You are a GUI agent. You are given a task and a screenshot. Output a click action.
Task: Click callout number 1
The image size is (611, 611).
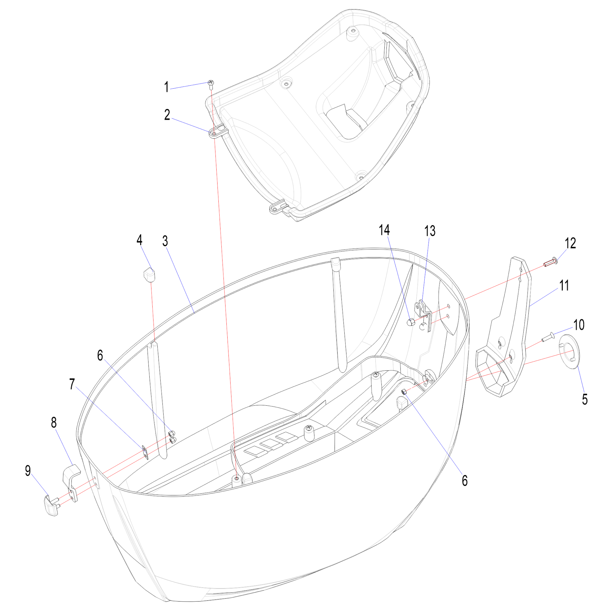(x=166, y=87)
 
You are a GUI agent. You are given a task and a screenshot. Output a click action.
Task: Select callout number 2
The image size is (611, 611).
(x=167, y=115)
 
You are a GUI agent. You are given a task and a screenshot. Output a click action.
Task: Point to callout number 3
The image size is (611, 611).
(x=165, y=241)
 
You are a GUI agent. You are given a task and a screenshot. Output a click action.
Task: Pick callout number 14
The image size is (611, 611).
(x=384, y=230)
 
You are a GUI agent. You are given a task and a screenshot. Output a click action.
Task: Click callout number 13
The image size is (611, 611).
(x=430, y=231)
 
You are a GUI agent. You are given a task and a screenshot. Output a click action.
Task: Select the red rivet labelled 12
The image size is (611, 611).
(x=550, y=262)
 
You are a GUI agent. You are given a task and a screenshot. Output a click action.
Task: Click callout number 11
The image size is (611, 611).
(x=564, y=286)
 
